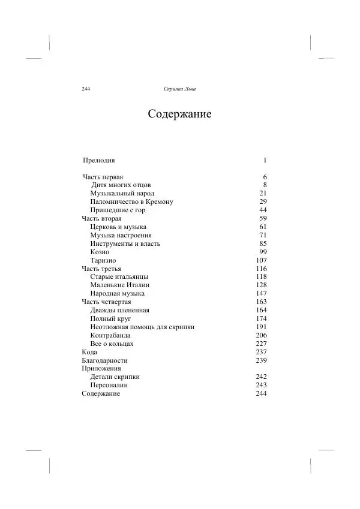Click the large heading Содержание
(x=179, y=115)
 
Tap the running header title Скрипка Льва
(x=179, y=89)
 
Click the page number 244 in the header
(x=85, y=89)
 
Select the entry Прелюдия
(x=98, y=161)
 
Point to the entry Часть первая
(x=103, y=177)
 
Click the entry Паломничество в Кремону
(x=131, y=202)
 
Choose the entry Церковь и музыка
(x=118, y=227)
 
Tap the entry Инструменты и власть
(x=125, y=244)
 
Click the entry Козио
(x=100, y=252)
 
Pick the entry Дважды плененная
(x=119, y=311)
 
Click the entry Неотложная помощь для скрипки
(x=142, y=327)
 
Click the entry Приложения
(x=101, y=369)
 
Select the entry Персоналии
(x=111, y=385)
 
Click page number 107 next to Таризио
(x=260, y=261)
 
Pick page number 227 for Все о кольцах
(x=260, y=344)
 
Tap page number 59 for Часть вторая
(x=262, y=219)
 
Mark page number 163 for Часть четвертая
(x=260, y=302)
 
